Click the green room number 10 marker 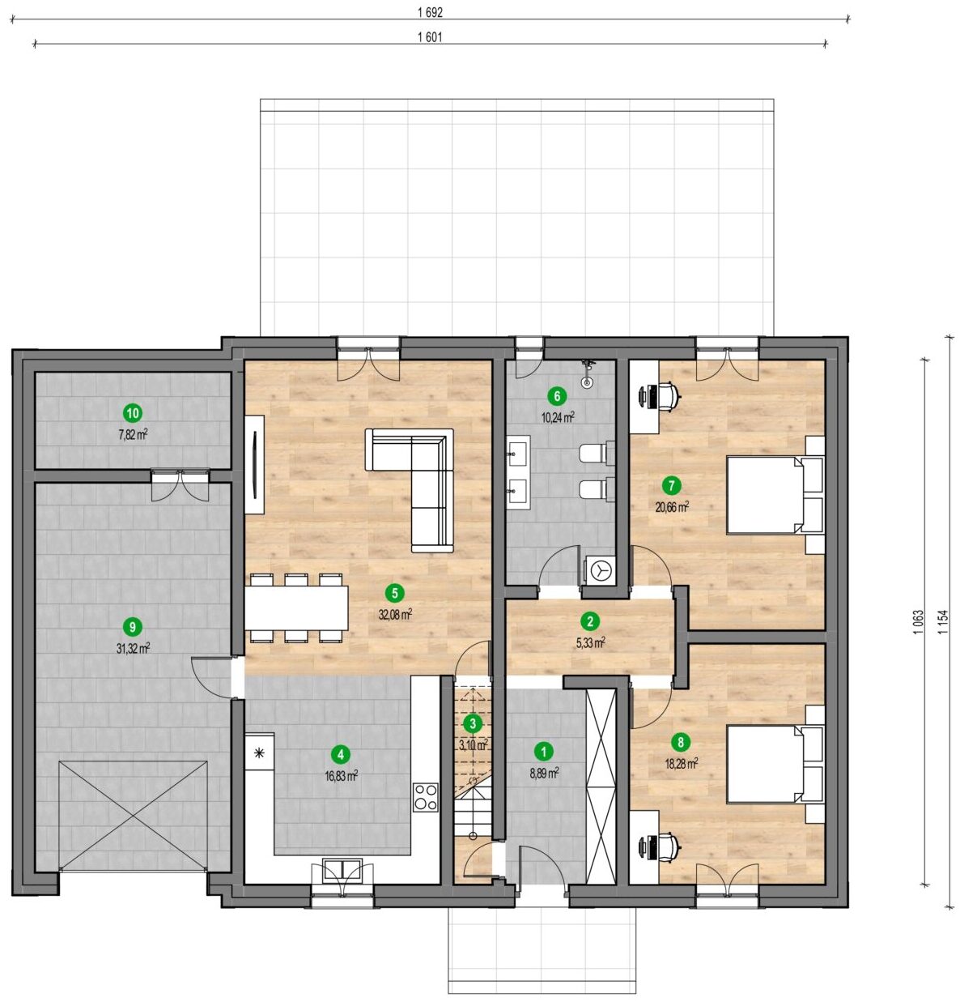(x=133, y=413)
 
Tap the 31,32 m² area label (x=133, y=648)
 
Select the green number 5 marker (x=394, y=593)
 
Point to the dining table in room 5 (x=296, y=608)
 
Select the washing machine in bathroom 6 (x=601, y=570)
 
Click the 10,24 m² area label (x=558, y=417)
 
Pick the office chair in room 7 (x=669, y=396)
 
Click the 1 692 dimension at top (x=431, y=13)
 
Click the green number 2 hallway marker (x=589, y=621)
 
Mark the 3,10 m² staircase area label (x=474, y=744)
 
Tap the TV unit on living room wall (x=255, y=464)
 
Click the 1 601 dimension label (x=430, y=37)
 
